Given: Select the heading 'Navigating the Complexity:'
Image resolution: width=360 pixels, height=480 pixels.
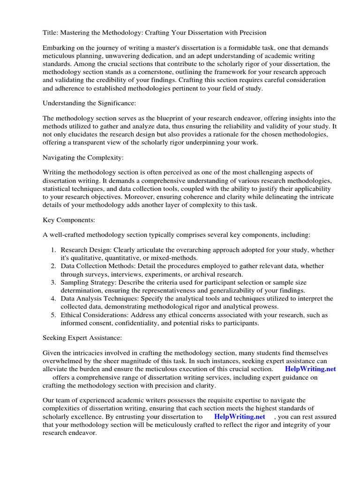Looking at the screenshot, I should coord(83,157).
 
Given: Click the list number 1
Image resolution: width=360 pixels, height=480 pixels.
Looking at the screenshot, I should coord(54,250).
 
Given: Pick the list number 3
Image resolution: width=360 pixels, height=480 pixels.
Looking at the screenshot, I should coord(54,283).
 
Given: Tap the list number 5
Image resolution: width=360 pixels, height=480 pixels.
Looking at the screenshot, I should coord(54,315).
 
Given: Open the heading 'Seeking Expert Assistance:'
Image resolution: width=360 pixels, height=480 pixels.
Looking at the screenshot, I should coord(82,337).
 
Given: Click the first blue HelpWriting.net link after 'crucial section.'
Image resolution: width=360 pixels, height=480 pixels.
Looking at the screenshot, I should coord(310,368).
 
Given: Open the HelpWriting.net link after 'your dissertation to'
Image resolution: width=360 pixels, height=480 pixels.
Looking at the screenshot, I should coord(240,416).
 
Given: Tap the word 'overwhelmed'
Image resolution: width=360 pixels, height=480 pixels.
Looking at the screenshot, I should coord(63,360).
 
